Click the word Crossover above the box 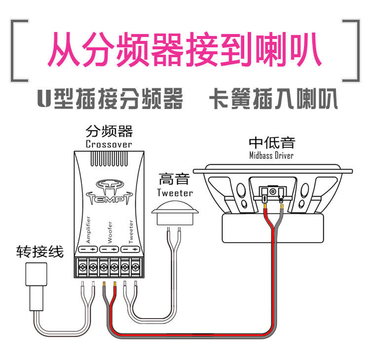(109, 144)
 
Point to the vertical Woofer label (110, 230)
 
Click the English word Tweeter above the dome (175, 192)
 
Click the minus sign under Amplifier (83, 250)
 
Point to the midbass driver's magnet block (273, 229)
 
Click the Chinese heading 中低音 (272, 143)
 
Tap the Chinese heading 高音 (174, 180)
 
